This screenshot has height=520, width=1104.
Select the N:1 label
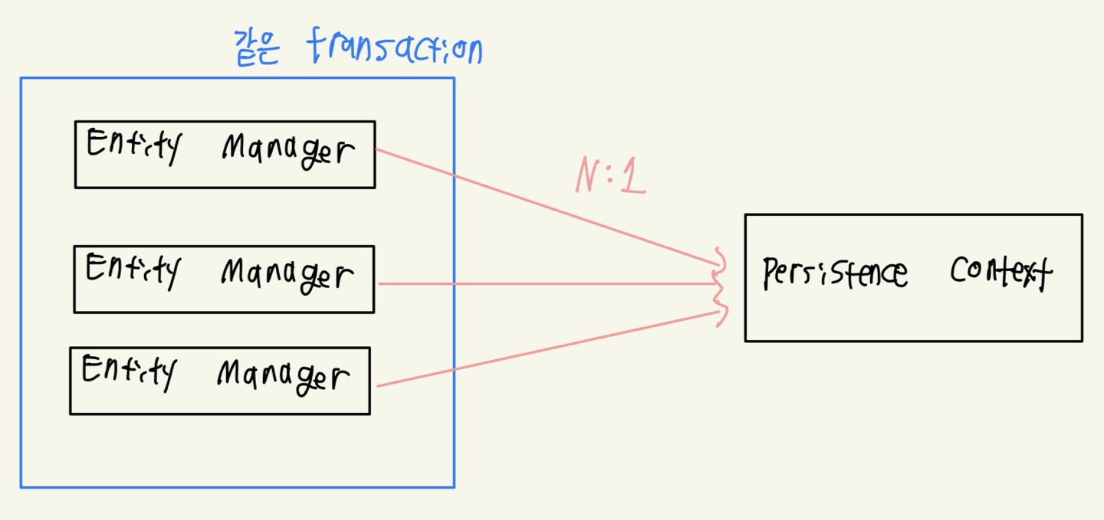pyautogui.click(x=610, y=178)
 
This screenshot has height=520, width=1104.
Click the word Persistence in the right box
pyautogui.click(x=835, y=273)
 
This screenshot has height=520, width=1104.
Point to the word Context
pyautogui.click(x=1001, y=272)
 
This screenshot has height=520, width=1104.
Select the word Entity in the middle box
pyautogui.click(x=132, y=270)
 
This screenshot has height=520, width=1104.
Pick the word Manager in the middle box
pyautogui.click(x=287, y=275)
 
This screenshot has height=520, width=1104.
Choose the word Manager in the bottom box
pyautogui.click(x=283, y=377)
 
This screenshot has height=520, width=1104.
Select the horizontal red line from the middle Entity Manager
pyautogui.click(x=537, y=284)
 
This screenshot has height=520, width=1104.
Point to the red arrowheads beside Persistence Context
pyautogui.click(x=720, y=285)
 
